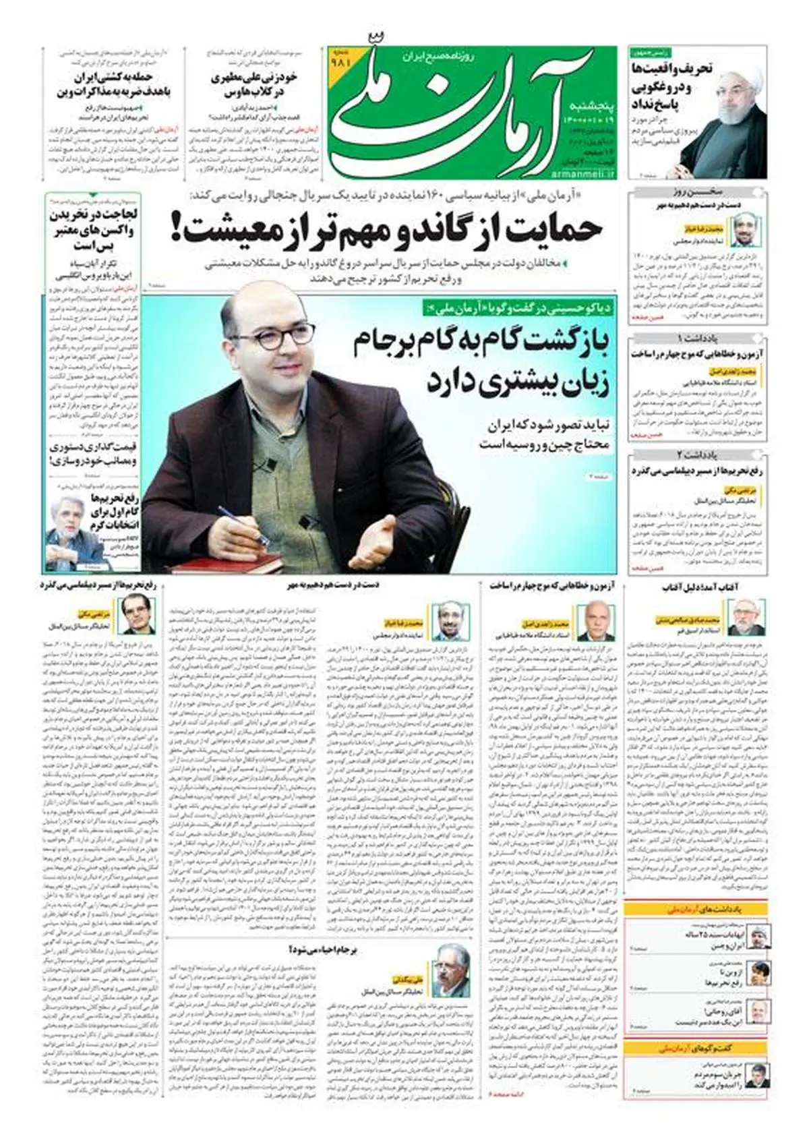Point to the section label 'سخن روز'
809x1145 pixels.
(x=698, y=193)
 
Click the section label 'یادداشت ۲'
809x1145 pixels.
(x=698, y=454)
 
